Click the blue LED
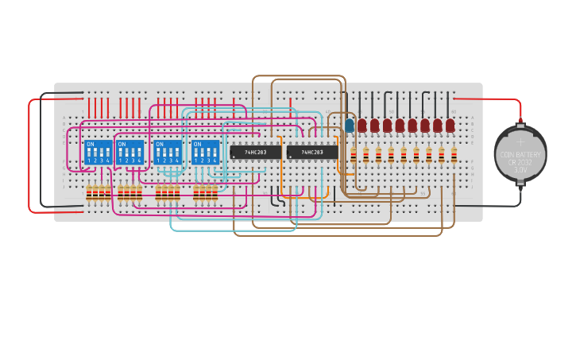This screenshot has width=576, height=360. pyautogui.click(x=350, y=125)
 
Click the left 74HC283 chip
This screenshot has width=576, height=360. pyautogui.click(x=255, y=152)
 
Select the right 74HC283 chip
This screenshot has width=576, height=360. pyautogui.click(x=311, y=152)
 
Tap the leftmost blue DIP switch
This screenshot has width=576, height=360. pyautogui.click(x=99, y=152)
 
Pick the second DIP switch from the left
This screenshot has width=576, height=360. pyautogui.click(x=130, y=152)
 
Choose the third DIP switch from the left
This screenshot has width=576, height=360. pyautogui.click(x=168, y=152)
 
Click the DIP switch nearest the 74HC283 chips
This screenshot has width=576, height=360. pyautogui.click(x=206, y=152)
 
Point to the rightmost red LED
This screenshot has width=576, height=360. pyautogui.click(x=450, y=125)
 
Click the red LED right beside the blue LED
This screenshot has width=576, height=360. pyautogui.click(x=362, y=125)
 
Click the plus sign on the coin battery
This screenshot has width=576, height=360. pyautogui.click(x=520, y=144)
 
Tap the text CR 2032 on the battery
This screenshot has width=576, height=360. pyautogui.click(x=520, y=162)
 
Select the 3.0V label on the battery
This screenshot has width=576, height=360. pyautogui.click(x=520, y=169)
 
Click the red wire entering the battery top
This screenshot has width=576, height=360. pyautogui.click(x=508, y=100)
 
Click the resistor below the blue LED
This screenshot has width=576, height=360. pyautogui.click(x=354, y=154)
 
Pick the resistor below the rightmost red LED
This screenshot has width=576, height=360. pyautogui.click(x=454, y=154)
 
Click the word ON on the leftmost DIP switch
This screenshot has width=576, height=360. pyautogui.click(x=91, y=144)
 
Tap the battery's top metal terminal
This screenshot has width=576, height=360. pyautogui.click(x=520, y=124)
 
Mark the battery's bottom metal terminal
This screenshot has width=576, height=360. pyautogui.click(x=520, y=184)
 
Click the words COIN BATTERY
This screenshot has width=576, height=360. pyautogui.click(x=520, y=154)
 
